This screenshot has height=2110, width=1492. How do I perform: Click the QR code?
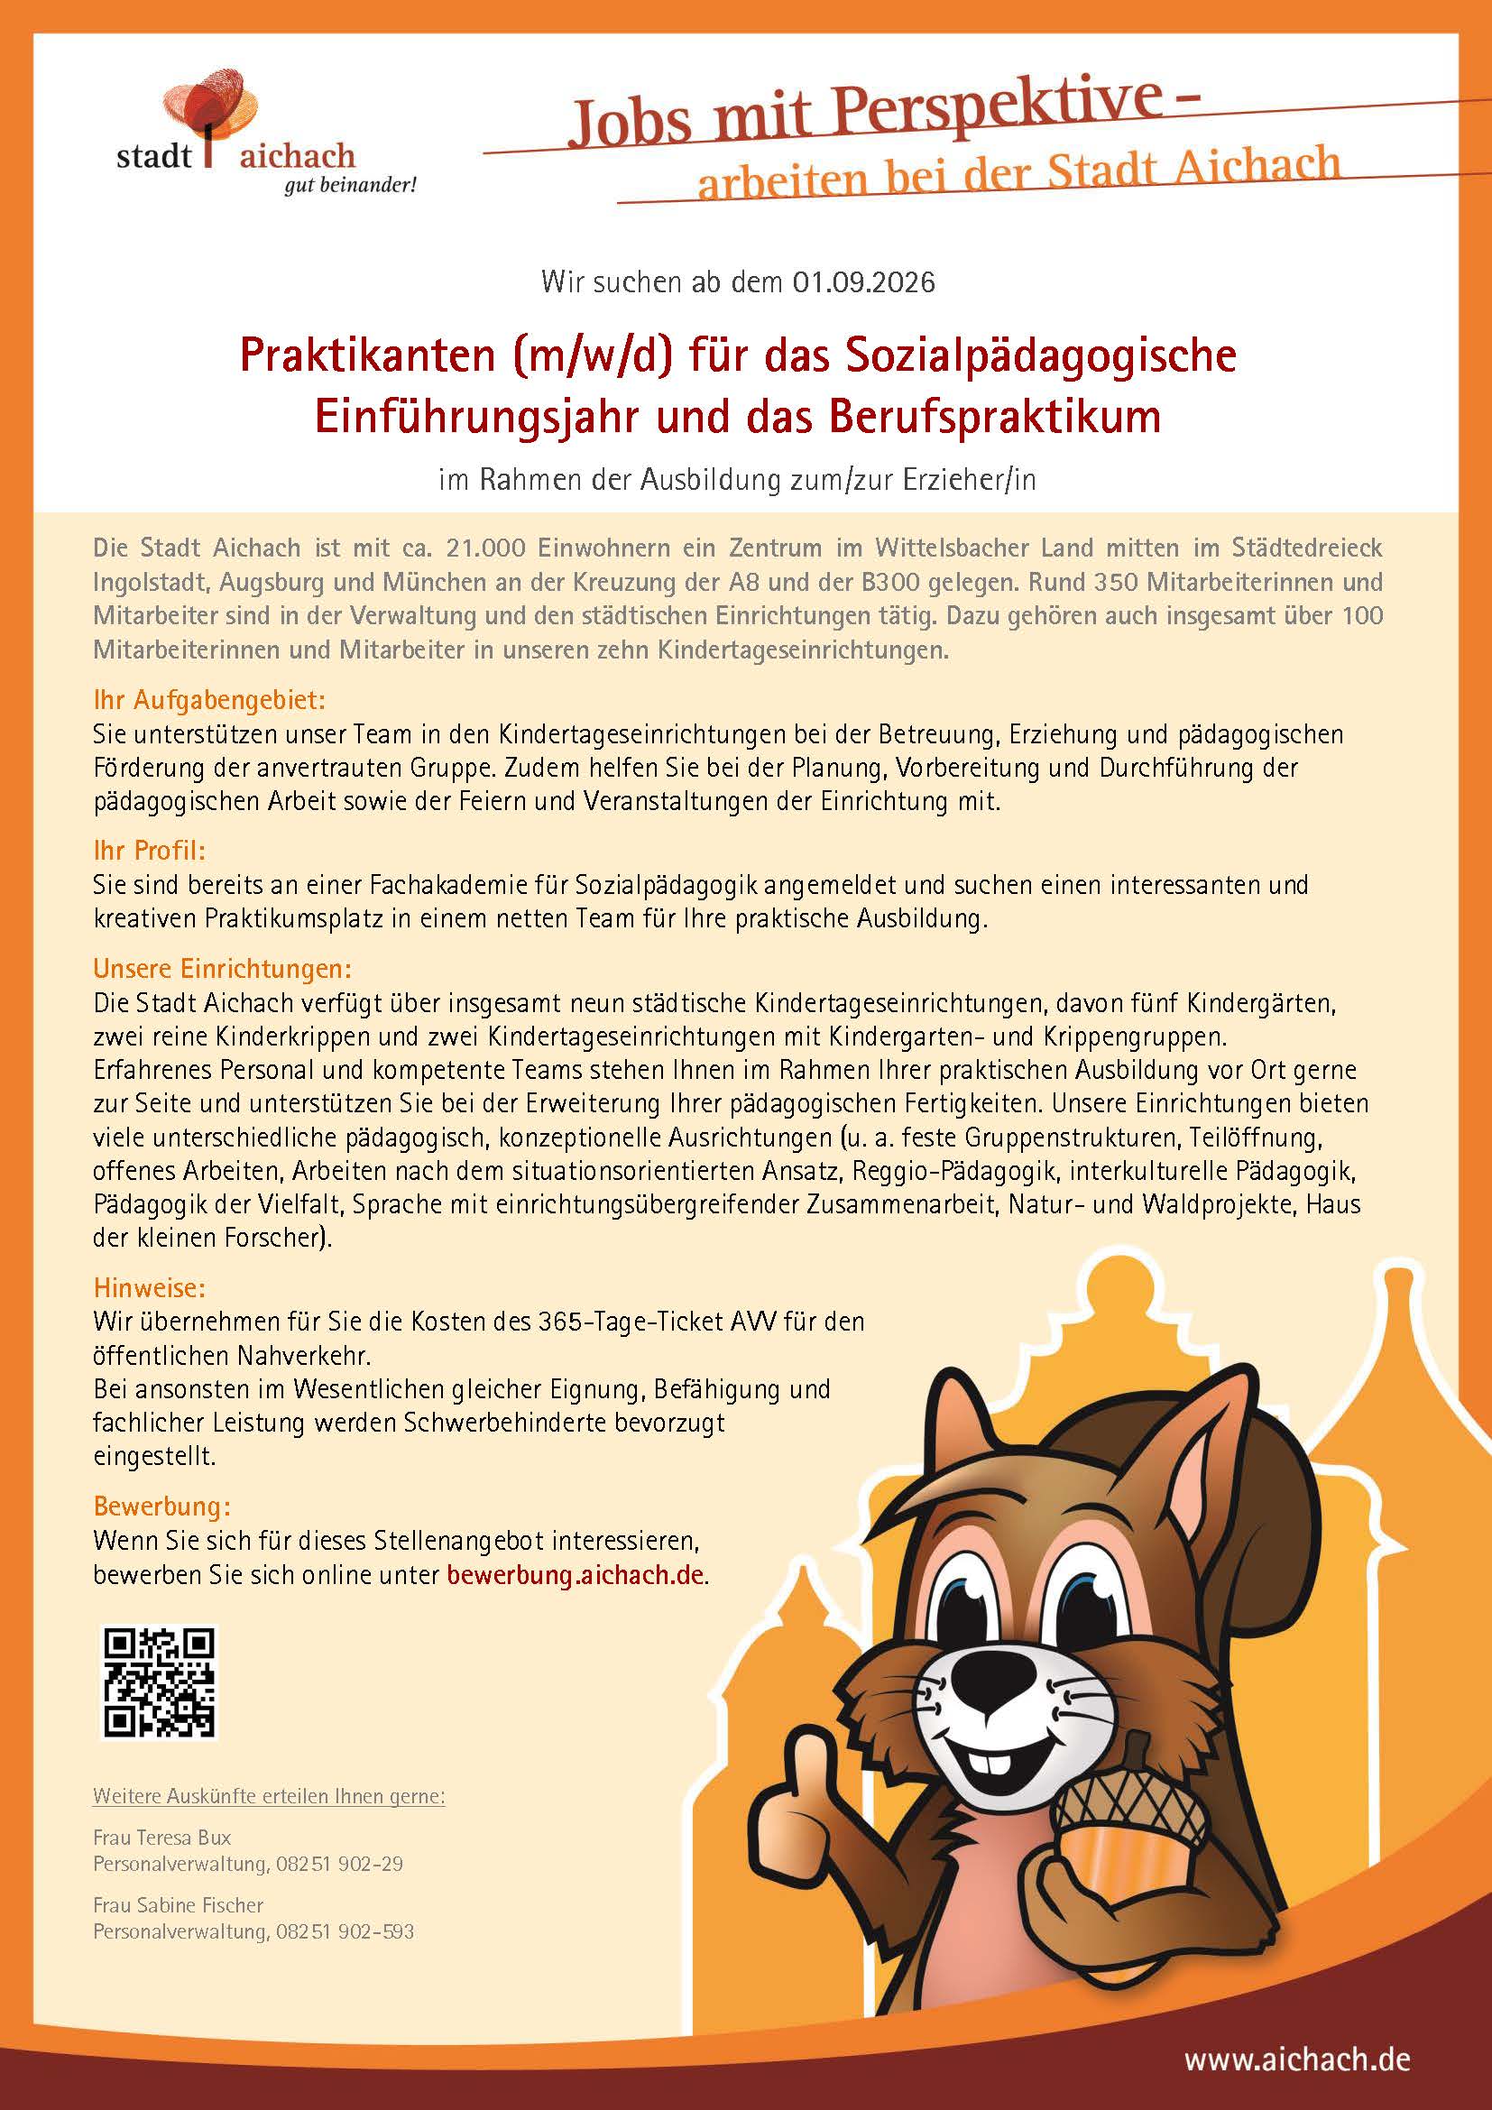pos(158,1683)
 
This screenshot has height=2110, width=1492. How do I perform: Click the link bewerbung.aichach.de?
pos(576,1574)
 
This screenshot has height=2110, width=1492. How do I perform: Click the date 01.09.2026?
pos(863,281)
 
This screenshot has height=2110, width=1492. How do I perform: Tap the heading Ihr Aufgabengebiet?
pos(208,700)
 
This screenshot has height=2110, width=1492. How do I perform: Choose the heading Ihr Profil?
pos(149,850)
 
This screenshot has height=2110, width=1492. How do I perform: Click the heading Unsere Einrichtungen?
pos(222,969)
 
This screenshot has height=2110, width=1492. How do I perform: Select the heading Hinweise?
pos(149,1287)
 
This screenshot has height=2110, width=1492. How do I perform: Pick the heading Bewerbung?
pos(161,1506)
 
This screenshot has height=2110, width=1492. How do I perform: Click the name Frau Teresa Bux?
pos(161,1837)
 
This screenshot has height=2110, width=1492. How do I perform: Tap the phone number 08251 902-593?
pos(345,1930)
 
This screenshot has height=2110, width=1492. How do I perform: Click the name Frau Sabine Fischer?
pos(179,1904)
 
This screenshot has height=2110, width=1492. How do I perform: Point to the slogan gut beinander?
pos(350,185)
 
